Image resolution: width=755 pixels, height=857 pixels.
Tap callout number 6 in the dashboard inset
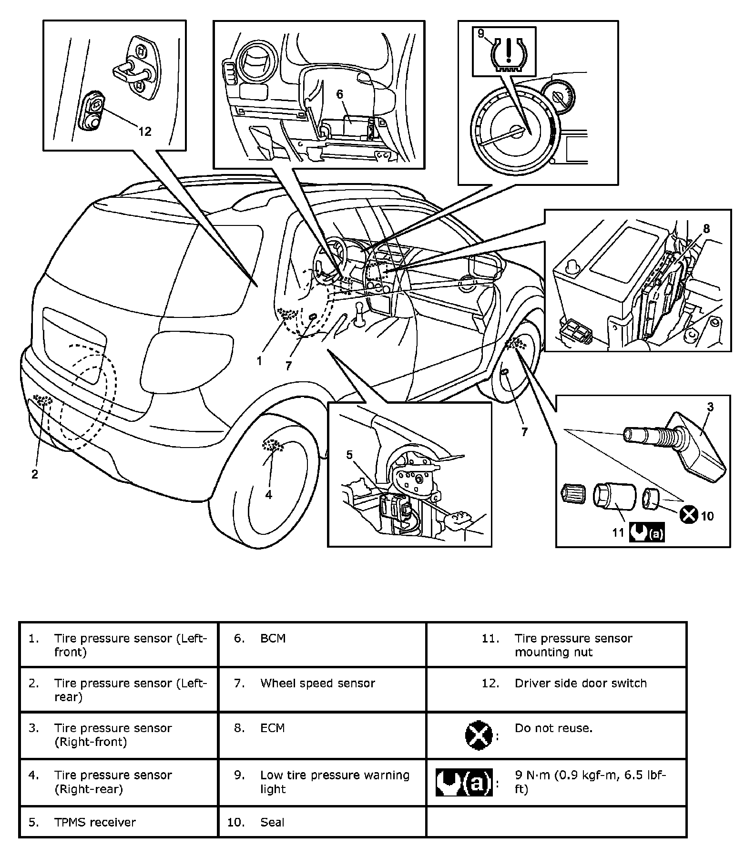(339, 94)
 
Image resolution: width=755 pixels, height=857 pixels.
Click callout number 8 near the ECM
(706, 229)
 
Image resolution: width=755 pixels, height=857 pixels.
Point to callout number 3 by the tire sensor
(710, 407)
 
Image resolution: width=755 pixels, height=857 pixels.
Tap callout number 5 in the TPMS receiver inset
(349, 455)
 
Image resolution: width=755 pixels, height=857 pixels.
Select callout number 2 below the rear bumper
(34, 474)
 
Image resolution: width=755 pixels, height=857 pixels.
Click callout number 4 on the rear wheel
(269, 495)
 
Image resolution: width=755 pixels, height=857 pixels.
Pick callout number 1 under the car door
(259, 361)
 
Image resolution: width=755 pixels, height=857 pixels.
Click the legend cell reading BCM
(273, 638)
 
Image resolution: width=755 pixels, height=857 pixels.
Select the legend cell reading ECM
(273, 728)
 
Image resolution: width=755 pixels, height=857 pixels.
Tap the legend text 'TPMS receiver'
(95, 822)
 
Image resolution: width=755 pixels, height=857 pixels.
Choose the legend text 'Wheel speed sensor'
(317, 683)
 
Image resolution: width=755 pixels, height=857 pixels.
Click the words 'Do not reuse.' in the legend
(553, 728)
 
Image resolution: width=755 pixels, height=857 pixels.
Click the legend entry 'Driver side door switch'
(581, 683)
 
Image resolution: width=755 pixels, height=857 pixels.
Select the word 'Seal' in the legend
(272, 822)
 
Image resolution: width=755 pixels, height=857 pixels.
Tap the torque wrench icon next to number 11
(646, 533)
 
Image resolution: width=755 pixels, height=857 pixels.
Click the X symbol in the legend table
(478, 735)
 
